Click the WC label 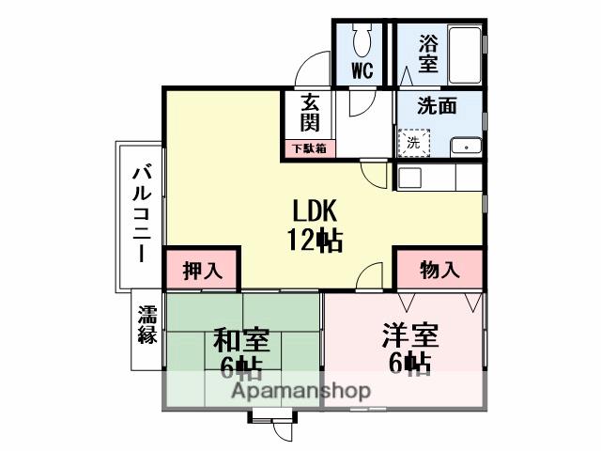362,70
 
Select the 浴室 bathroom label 429,54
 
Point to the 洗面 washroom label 438,106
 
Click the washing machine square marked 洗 413,144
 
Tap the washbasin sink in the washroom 463,146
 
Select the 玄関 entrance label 310,112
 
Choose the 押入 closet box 202,270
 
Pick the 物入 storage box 439,270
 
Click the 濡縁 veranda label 146,324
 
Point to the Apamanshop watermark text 300,391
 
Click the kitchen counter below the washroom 439,176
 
